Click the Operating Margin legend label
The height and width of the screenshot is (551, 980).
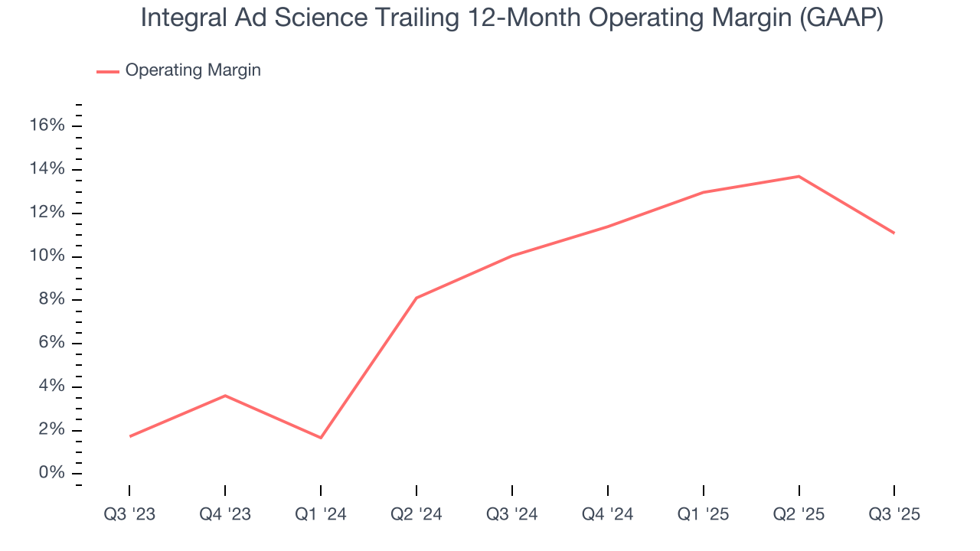pos(193,70)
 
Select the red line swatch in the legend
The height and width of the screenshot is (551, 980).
pos(108,71)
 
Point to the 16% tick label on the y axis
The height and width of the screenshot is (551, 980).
pos(47,126)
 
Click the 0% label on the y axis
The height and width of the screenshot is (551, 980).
pos(51,474)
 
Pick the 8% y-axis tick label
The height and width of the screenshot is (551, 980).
pos(51,299)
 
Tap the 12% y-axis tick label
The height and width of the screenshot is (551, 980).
pos(47,213)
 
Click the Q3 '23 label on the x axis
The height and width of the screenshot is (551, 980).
pos(129,514)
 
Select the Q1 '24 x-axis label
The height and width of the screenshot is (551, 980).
pos(321,514)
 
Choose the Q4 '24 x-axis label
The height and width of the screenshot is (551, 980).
pos(608,514)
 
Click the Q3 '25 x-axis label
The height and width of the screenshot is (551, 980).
pos(894,514)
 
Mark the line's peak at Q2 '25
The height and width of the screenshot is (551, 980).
pos(799,177)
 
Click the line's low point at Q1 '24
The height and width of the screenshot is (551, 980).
pos(321,438)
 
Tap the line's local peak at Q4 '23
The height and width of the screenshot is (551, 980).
pos(225,396)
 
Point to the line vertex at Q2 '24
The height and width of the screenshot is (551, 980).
pos(416,298)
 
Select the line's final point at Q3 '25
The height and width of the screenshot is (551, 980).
pos(893,233)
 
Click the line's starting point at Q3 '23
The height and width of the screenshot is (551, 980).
pos(130,436)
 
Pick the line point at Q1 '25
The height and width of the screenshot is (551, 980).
pos(703,192)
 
